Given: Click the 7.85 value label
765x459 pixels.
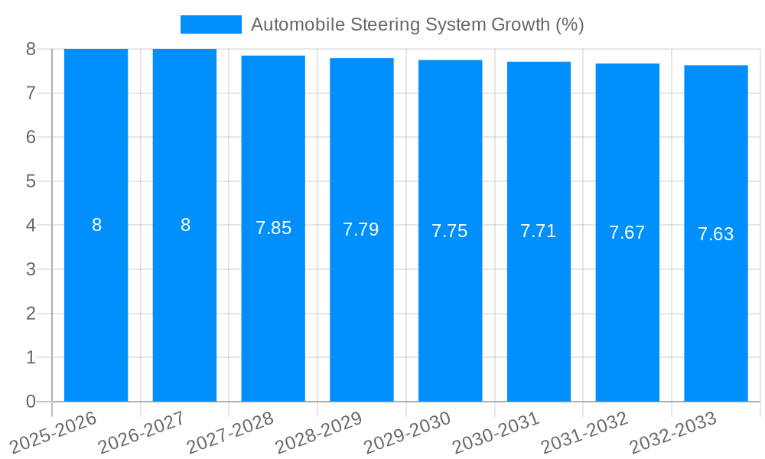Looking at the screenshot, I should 273,228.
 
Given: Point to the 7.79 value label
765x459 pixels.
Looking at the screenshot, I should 361,229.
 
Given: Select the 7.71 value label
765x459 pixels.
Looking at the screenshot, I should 539,231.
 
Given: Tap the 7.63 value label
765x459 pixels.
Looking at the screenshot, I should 716,234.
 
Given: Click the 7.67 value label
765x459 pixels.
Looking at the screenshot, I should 627,233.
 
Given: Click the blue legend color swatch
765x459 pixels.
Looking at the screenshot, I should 210,24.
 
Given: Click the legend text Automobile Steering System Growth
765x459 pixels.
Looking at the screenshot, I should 417,24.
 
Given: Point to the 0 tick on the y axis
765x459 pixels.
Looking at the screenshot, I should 31,402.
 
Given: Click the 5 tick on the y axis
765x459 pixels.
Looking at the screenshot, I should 31,181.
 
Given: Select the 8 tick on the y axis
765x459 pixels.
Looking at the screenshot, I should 31,49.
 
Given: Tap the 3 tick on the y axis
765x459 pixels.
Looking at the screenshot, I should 31,269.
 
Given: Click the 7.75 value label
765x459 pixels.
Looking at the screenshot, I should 450,231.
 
